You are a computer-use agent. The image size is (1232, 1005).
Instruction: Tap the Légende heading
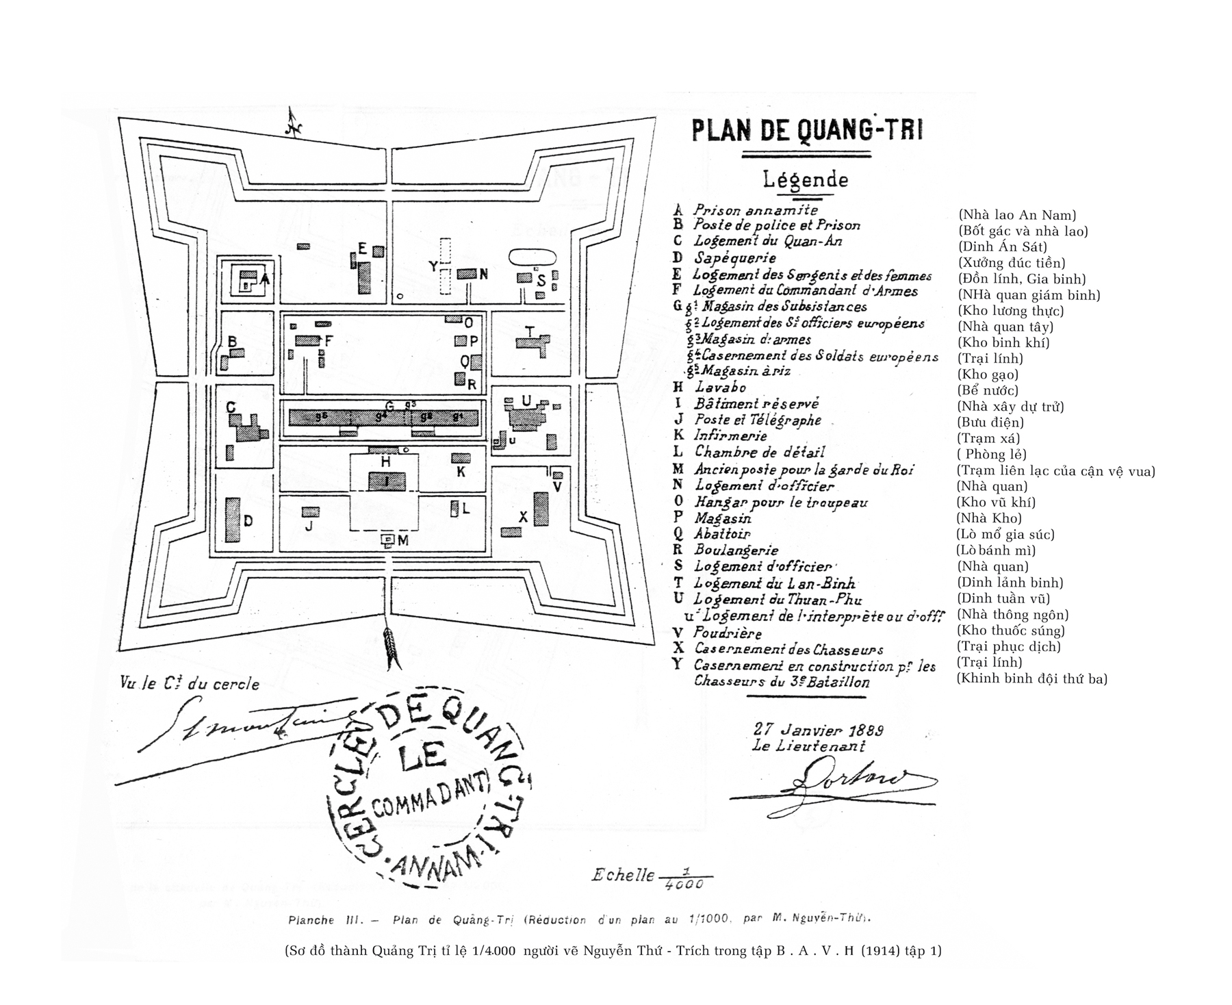coord(806,180)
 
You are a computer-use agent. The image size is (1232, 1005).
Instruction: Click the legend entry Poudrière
coord(727,633)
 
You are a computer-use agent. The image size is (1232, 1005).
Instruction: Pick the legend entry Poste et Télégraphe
coord(757,420)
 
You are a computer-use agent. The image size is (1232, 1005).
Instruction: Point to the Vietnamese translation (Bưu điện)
coord(990,422)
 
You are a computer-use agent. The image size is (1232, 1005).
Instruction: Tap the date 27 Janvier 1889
coord(818,730)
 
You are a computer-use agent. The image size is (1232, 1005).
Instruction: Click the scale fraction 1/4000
coord(684,878)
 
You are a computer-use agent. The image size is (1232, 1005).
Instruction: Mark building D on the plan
coord(233,520)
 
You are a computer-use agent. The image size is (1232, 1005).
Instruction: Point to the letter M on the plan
coord(402,540)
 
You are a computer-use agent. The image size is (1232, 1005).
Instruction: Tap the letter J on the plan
coord(308,526)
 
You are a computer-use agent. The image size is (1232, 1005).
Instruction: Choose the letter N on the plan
coord(483,275)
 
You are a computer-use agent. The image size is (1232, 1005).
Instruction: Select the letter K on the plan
coord(461,472)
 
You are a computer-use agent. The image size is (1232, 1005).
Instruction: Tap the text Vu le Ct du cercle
coord(190,683)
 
